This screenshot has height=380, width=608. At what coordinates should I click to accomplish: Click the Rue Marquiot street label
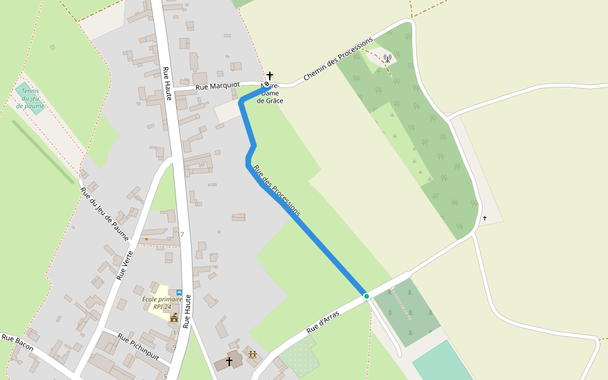pos(218,85)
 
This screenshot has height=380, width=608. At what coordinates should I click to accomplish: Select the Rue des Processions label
pos(276,191)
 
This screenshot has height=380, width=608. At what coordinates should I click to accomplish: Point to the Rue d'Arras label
pos(323,322)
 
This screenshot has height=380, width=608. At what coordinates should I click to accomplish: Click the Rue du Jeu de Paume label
pos(104,214)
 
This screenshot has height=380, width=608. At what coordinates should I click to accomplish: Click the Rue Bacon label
pos(17,343)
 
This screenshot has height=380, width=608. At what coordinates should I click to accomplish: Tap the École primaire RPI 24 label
pos(162,303)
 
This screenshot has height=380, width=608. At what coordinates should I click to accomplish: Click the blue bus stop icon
pos(179,293)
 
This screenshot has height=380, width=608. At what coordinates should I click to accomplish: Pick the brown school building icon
pos(174,317)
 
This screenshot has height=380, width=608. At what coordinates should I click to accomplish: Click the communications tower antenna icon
pos(388,59)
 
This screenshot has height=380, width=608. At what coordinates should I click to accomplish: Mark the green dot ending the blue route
pos(366,296)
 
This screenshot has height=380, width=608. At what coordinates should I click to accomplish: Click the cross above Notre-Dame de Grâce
pos(270,75)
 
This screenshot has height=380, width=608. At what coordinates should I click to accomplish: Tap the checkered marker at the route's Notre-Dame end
pos(267,84)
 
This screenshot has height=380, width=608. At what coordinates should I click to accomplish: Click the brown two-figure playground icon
pos(252,355)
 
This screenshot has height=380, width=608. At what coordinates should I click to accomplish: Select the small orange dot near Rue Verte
pos(146,239)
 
